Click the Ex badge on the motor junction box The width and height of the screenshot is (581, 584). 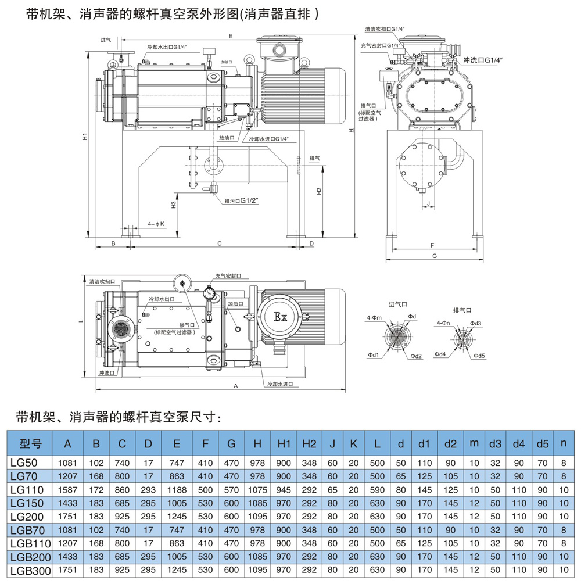click(x=281, y=318)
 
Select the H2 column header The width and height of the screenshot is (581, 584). click(x=309, y=444)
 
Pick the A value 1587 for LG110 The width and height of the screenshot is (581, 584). click(x=68, y=489)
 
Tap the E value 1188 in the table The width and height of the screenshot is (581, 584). click(x=177, y=489)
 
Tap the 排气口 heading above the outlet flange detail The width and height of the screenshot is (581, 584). click(x=462, y=310)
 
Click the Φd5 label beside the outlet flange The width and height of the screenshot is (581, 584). click(x=479, y=356)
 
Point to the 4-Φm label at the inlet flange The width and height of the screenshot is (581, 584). click(x=374, y=317)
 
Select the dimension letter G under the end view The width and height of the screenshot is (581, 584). click(x=434, y=256)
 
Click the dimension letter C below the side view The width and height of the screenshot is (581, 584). click(x=219, y=243)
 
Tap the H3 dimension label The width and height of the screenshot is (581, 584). click(x=174, y=205)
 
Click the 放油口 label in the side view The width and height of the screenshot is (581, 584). click(x=226, y=138)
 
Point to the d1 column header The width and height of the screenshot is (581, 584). click(x=424, y=444)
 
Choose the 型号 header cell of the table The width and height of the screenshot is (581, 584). click(x=31, y=445)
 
